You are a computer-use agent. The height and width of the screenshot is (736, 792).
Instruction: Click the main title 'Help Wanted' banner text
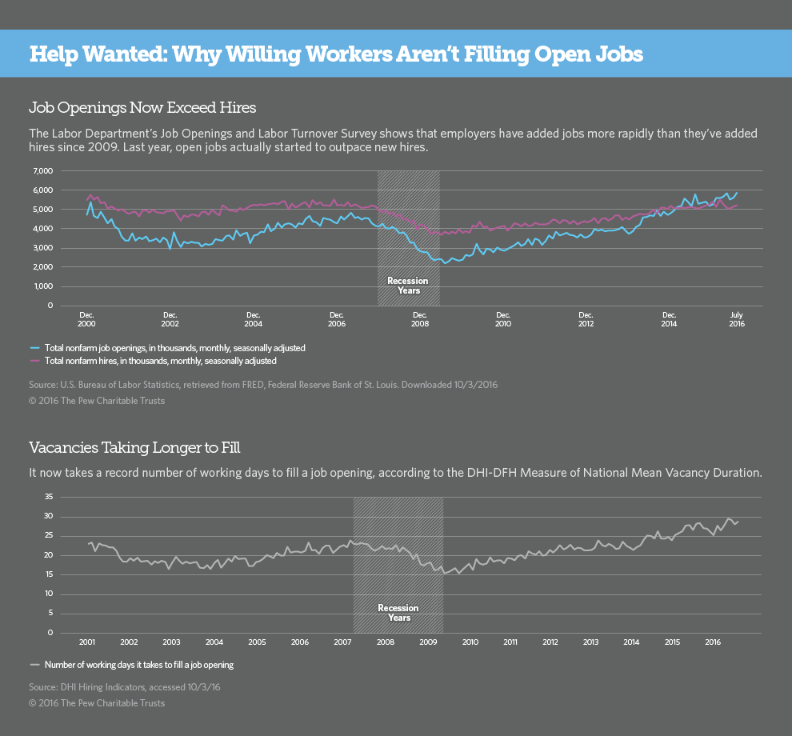pos(336,54)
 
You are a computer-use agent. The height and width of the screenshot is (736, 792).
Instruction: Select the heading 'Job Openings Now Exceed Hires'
pos(142,106)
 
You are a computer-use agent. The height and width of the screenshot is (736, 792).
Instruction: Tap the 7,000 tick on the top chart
pos(42,171)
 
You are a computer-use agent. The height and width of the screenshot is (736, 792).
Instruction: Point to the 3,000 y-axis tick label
pos(42,248)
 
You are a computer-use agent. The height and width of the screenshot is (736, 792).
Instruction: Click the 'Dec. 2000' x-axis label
pos(87,318)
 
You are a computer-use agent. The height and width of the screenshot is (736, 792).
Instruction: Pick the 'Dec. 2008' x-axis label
pos(420,318)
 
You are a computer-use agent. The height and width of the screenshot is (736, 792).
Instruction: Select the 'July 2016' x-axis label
pos(736,318)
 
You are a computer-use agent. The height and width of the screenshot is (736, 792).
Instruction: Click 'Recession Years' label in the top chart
pos(408,286)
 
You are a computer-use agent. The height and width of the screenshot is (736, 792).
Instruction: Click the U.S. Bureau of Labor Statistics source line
pos(263,385)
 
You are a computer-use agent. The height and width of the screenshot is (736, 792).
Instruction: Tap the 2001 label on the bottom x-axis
pos(87,642)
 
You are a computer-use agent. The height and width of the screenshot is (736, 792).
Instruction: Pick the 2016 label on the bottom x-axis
pos(713,642)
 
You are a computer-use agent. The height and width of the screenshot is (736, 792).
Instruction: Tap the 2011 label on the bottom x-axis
pos(510,642)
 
